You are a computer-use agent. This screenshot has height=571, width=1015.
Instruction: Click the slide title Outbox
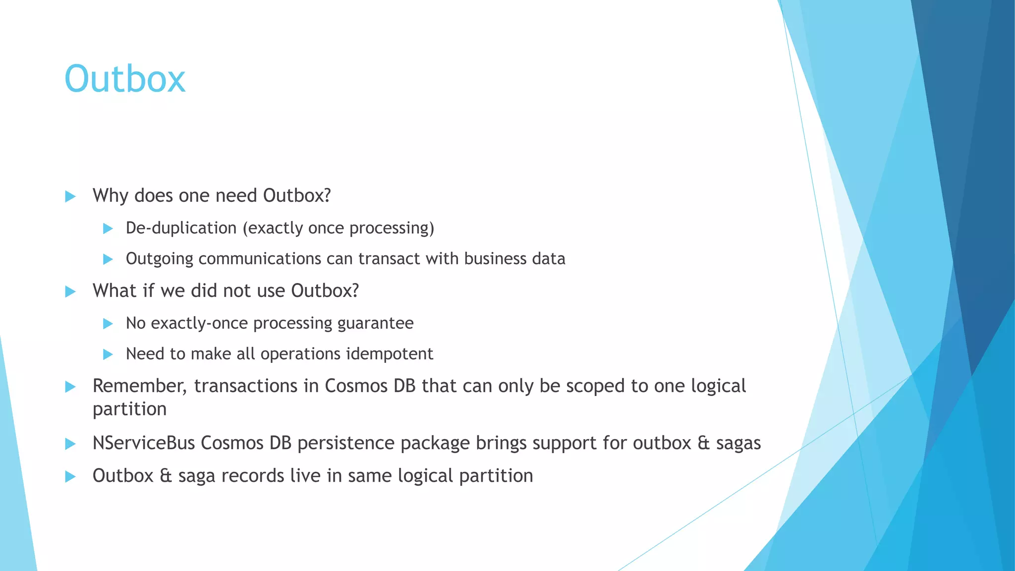tap(125, 79)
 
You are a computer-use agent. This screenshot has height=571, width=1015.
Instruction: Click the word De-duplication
tap(181, 228)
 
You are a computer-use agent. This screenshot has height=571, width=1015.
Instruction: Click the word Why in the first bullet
tap(111, 196)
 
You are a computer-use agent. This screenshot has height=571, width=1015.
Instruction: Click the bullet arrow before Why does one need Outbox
tap(70, 196)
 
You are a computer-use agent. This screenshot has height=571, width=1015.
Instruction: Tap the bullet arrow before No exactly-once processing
tap(108, 324)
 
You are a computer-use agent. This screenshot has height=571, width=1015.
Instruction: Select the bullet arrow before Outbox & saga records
tap(70, 476)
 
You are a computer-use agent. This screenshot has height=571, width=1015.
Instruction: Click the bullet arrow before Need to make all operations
tap(108, 354)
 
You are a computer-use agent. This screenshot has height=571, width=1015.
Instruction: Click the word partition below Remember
tap(129, 409)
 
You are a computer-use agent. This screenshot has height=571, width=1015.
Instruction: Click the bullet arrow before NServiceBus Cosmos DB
tap(70, 444)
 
